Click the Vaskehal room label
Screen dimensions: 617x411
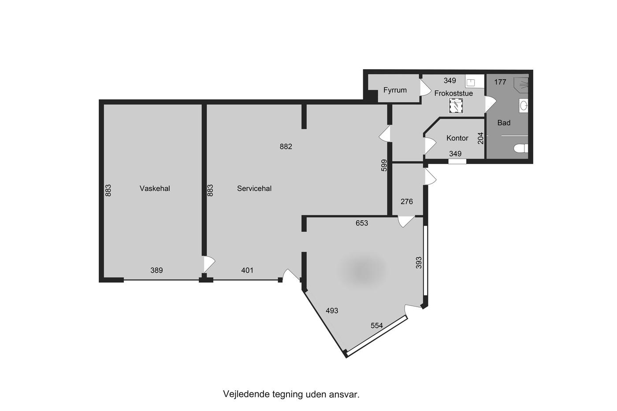click(155, 189)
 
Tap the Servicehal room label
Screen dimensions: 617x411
click(254, 189)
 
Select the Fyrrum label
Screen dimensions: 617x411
click(395, 90)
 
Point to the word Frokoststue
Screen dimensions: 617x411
click(453, 93)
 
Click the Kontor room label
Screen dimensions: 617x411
click(457, 138)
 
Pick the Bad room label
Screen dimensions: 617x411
click(504, 123)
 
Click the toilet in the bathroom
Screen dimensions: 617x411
click(520, 148)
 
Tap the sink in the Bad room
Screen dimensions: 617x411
click(524, 105)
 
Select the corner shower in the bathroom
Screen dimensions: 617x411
click(521, 84)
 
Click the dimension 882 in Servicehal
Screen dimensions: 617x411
click(286, 147)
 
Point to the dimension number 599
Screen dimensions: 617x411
click(384, 166)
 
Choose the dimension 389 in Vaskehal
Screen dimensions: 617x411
click(156, 270)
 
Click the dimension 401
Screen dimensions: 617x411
click(247, 270)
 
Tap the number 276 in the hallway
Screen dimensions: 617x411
click(406, 202)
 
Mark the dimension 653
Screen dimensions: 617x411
click(362, 223)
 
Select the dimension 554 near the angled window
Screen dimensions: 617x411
click(376, 326)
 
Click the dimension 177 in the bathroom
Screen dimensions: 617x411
click(500, 82)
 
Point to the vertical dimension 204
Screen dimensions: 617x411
click(480, 138)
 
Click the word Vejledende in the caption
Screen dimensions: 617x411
click(246, 394)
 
